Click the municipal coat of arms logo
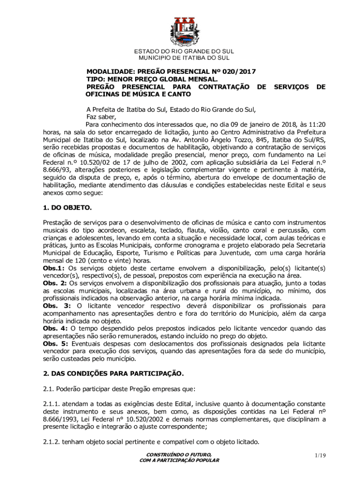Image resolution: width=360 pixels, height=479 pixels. point(184,31)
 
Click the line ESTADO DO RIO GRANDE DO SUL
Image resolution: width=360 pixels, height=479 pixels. point(184,51)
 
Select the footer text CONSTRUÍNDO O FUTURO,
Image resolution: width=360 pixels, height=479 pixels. point(179,454)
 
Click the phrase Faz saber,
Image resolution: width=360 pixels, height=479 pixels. point(101,117)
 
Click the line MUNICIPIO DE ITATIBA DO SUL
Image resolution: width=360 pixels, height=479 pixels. point(184,58)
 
